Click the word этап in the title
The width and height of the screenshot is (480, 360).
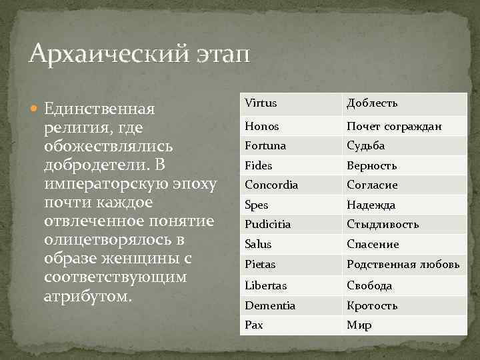(x=219, y=55)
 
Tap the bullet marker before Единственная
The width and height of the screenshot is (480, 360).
(x=35, y=108)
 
